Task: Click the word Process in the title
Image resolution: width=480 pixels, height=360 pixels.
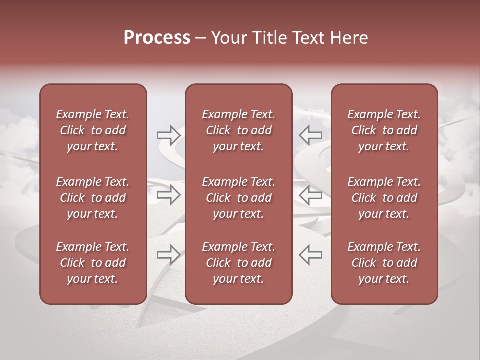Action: (157, 38)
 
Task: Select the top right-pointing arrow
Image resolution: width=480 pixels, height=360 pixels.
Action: (168, 134)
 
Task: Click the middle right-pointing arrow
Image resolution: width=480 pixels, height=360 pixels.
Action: (168, 195)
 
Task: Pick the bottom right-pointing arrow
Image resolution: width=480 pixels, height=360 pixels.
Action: (168, 254)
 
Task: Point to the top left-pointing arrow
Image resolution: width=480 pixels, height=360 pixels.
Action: (310, 134)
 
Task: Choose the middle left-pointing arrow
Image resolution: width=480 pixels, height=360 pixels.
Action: (310, 195)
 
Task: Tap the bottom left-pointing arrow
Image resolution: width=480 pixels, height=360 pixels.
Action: (310, 254)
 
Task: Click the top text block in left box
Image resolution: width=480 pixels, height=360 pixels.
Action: (93, 130)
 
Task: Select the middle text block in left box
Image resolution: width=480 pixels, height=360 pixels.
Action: (93, 198)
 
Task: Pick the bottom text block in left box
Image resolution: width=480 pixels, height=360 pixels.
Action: (93, 263)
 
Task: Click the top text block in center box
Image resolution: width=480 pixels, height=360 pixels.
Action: (238, 130)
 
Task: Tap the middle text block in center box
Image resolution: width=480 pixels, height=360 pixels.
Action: (238, 198)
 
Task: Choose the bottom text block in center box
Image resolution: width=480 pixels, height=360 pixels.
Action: (238, 263)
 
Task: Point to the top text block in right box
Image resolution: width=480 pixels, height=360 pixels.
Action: (384, 130)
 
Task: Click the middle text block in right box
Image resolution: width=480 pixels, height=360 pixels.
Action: (384, 198)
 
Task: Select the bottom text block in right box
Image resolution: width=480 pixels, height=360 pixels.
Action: (384, 263)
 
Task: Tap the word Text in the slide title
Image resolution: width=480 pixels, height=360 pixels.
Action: (307, 38)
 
